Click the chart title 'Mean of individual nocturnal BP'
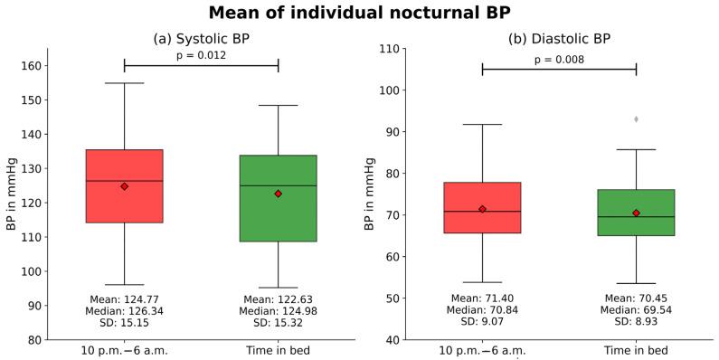tap(359, 13)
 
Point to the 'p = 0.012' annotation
tap(201, 55)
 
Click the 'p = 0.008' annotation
tap(559, 60)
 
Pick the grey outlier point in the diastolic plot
tap(636, 119)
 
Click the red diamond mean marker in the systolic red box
tap(124, 186)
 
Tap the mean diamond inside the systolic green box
tap(278, 194)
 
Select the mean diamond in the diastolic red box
tap(482, 209)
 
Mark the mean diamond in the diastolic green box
tap(636, 213)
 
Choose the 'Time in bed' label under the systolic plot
tap(278, 351)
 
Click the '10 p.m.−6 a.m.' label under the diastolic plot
tap(482, 351)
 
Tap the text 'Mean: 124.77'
tap(124, 298)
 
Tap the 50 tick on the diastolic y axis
tap(391, 298)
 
